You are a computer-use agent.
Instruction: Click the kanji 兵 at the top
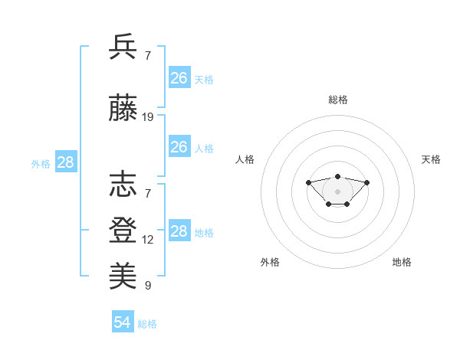click(123, 47)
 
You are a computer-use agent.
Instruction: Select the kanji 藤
click(123, 110)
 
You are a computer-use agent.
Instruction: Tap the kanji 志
click(123, 185)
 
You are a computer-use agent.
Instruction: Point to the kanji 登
click(123, 229)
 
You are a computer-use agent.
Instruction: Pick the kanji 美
click(123, 275)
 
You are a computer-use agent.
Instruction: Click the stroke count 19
click(148, 117)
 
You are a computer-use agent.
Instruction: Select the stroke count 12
click(148, 240)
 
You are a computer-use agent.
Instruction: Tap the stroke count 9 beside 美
click(148, 286)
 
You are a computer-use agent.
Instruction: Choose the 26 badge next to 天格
click(179, 77)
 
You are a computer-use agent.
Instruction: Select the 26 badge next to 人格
click(179, 147)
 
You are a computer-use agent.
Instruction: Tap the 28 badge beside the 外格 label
click(65, 162)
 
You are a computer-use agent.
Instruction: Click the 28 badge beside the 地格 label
click(179, 231)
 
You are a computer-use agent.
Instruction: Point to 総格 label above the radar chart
click(338, 100)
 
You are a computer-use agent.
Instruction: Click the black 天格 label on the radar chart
click(431, 159)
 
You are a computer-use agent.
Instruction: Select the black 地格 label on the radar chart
click(402, 262)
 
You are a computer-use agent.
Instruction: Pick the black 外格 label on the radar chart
click(270, 262)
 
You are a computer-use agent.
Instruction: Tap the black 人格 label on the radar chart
click(245, 159)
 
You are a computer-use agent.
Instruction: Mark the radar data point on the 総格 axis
click(338, 177)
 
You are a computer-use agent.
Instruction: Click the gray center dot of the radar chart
click(338, 191)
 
